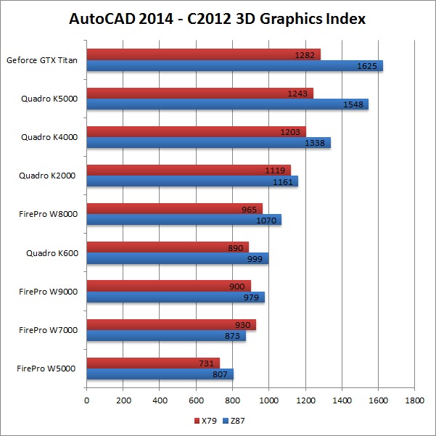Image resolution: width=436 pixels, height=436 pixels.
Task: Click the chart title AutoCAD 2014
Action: tap(218, 19)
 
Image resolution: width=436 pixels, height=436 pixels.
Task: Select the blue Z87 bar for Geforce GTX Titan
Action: tap(234, 66)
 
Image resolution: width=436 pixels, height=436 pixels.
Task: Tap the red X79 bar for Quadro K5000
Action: tap(200, 93)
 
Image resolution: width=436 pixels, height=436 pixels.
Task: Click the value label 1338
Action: tap(318, 143)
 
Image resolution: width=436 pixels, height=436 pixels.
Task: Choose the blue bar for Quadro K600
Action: tap(177, 259)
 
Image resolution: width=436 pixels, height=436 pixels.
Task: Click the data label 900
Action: tap(236, 286)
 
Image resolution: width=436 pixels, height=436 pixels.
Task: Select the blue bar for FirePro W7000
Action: tap(165, 336)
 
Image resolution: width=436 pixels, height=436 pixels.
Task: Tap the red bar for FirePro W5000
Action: tap(152, 363)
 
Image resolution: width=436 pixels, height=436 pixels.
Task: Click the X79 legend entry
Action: tap(207, 421)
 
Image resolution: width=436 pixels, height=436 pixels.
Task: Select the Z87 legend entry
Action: tap(233, 421)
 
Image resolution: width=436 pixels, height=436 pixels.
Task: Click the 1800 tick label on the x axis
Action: tap(414, 400)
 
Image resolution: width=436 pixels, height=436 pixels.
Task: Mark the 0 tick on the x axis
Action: tap(86, 400)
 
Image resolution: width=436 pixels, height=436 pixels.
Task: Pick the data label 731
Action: tap(207, 363)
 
